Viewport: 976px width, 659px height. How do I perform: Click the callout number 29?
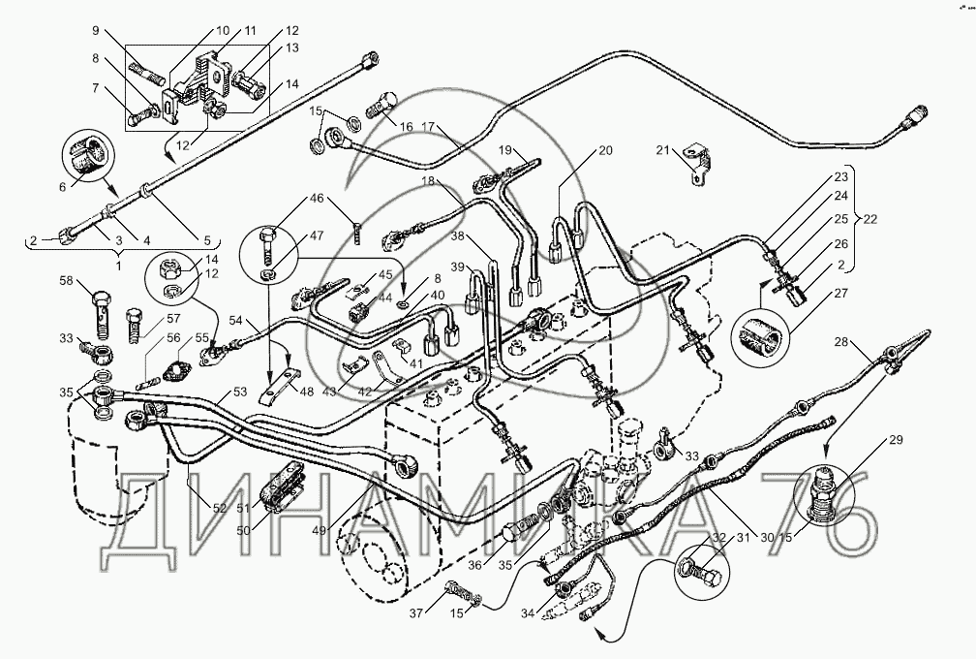[894, 441]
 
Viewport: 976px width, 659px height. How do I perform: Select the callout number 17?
[428, 126]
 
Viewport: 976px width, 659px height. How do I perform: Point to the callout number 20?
[605, 150]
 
